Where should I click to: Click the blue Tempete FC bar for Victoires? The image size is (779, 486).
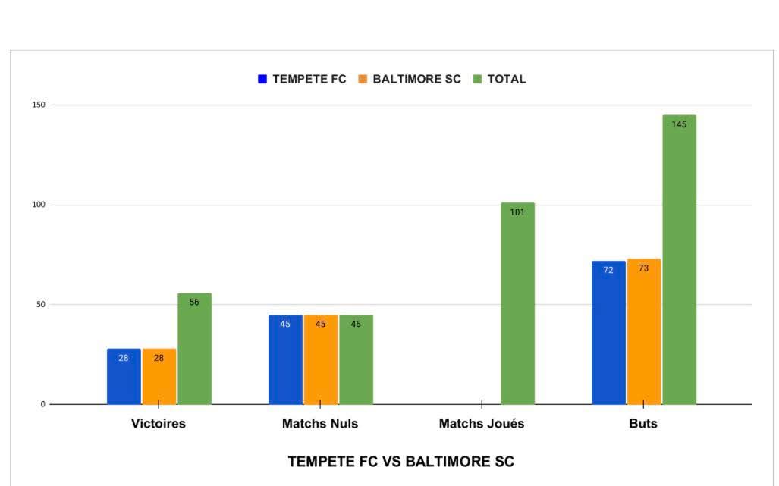point(124,377)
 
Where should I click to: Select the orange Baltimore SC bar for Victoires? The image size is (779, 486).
point(159,377)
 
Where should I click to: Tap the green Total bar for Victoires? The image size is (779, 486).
point(194,349)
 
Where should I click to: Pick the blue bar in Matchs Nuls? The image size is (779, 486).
point(285,360)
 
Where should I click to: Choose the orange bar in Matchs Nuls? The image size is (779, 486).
point(320,360)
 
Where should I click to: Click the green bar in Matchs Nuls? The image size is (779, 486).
point(356,360)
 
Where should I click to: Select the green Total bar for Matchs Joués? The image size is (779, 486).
point(517,303)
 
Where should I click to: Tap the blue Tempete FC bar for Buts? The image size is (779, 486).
point(608,334)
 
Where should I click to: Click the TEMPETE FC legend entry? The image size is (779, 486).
point(302,79)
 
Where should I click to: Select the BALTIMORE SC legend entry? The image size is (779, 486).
point(410,79)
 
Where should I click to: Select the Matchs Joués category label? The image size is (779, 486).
point(482,424)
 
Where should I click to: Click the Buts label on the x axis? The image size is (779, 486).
point(643,424)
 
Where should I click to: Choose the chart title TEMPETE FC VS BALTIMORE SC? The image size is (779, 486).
point(400,462)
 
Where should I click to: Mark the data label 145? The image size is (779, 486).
point(679,124)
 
